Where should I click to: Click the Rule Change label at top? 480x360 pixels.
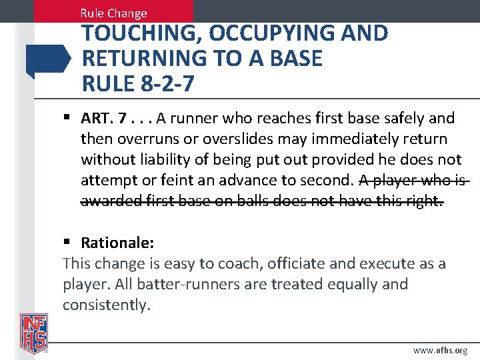tap(113, 13)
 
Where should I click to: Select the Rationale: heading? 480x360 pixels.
tap(117, 243)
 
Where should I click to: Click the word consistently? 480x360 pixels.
tap(107, 305)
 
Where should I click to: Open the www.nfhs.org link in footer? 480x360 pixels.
tap(440, 349)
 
